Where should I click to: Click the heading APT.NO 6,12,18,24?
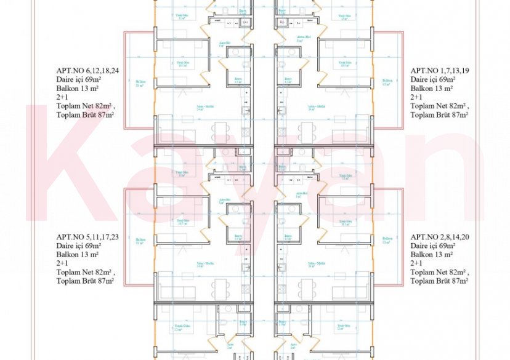[87, 71]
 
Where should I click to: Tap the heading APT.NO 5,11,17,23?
[87, 237]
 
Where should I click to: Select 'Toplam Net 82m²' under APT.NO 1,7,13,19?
[439, 106]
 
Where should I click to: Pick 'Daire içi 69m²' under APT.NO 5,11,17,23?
[79, 246]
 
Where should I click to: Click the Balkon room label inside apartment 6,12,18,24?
[140, 82]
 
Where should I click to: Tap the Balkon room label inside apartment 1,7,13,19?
[387, 82]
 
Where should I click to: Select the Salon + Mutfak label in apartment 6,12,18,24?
[200, 107]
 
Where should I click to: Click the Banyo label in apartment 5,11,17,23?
[238, 236]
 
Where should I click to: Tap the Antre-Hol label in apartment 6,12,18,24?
[224, 43]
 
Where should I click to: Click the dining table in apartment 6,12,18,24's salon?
[221, 130]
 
